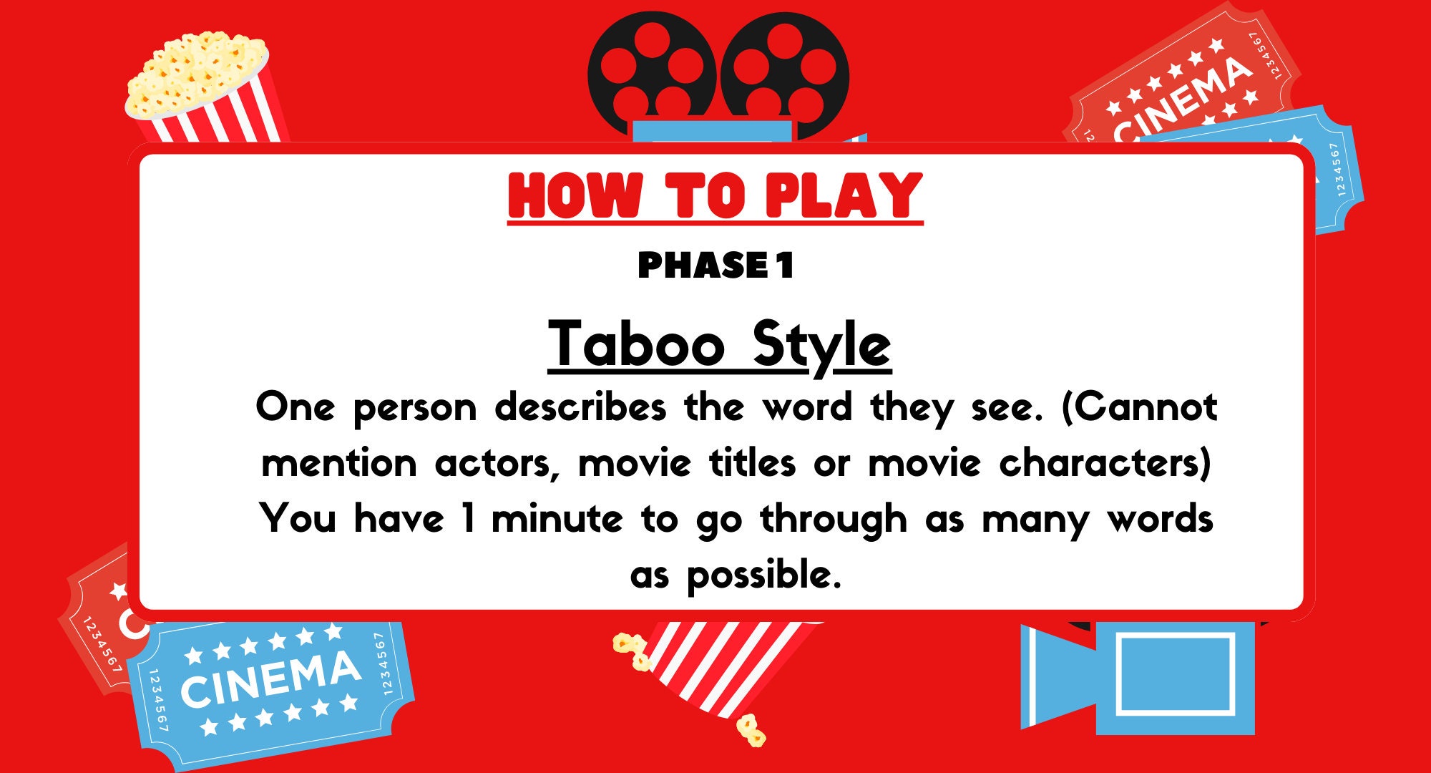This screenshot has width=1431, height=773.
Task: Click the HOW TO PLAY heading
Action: click(x=715, y=195)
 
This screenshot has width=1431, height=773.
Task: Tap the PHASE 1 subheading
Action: click(x=715, y=266)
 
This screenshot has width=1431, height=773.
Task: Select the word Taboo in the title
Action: click(x=636, y=344)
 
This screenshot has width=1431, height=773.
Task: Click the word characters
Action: click(x=1105, y=463)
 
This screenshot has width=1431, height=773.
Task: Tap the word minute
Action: click(x=557, y=519)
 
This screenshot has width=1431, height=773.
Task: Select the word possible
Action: click(x=763, y=575)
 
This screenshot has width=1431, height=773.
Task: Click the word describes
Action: click(x=580, y=407)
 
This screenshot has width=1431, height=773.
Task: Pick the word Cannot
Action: click(x=1139, y=407)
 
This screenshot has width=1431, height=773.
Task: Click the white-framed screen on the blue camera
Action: click(x=1176, y=674)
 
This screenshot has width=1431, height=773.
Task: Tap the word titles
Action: click(x=752, y=463)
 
